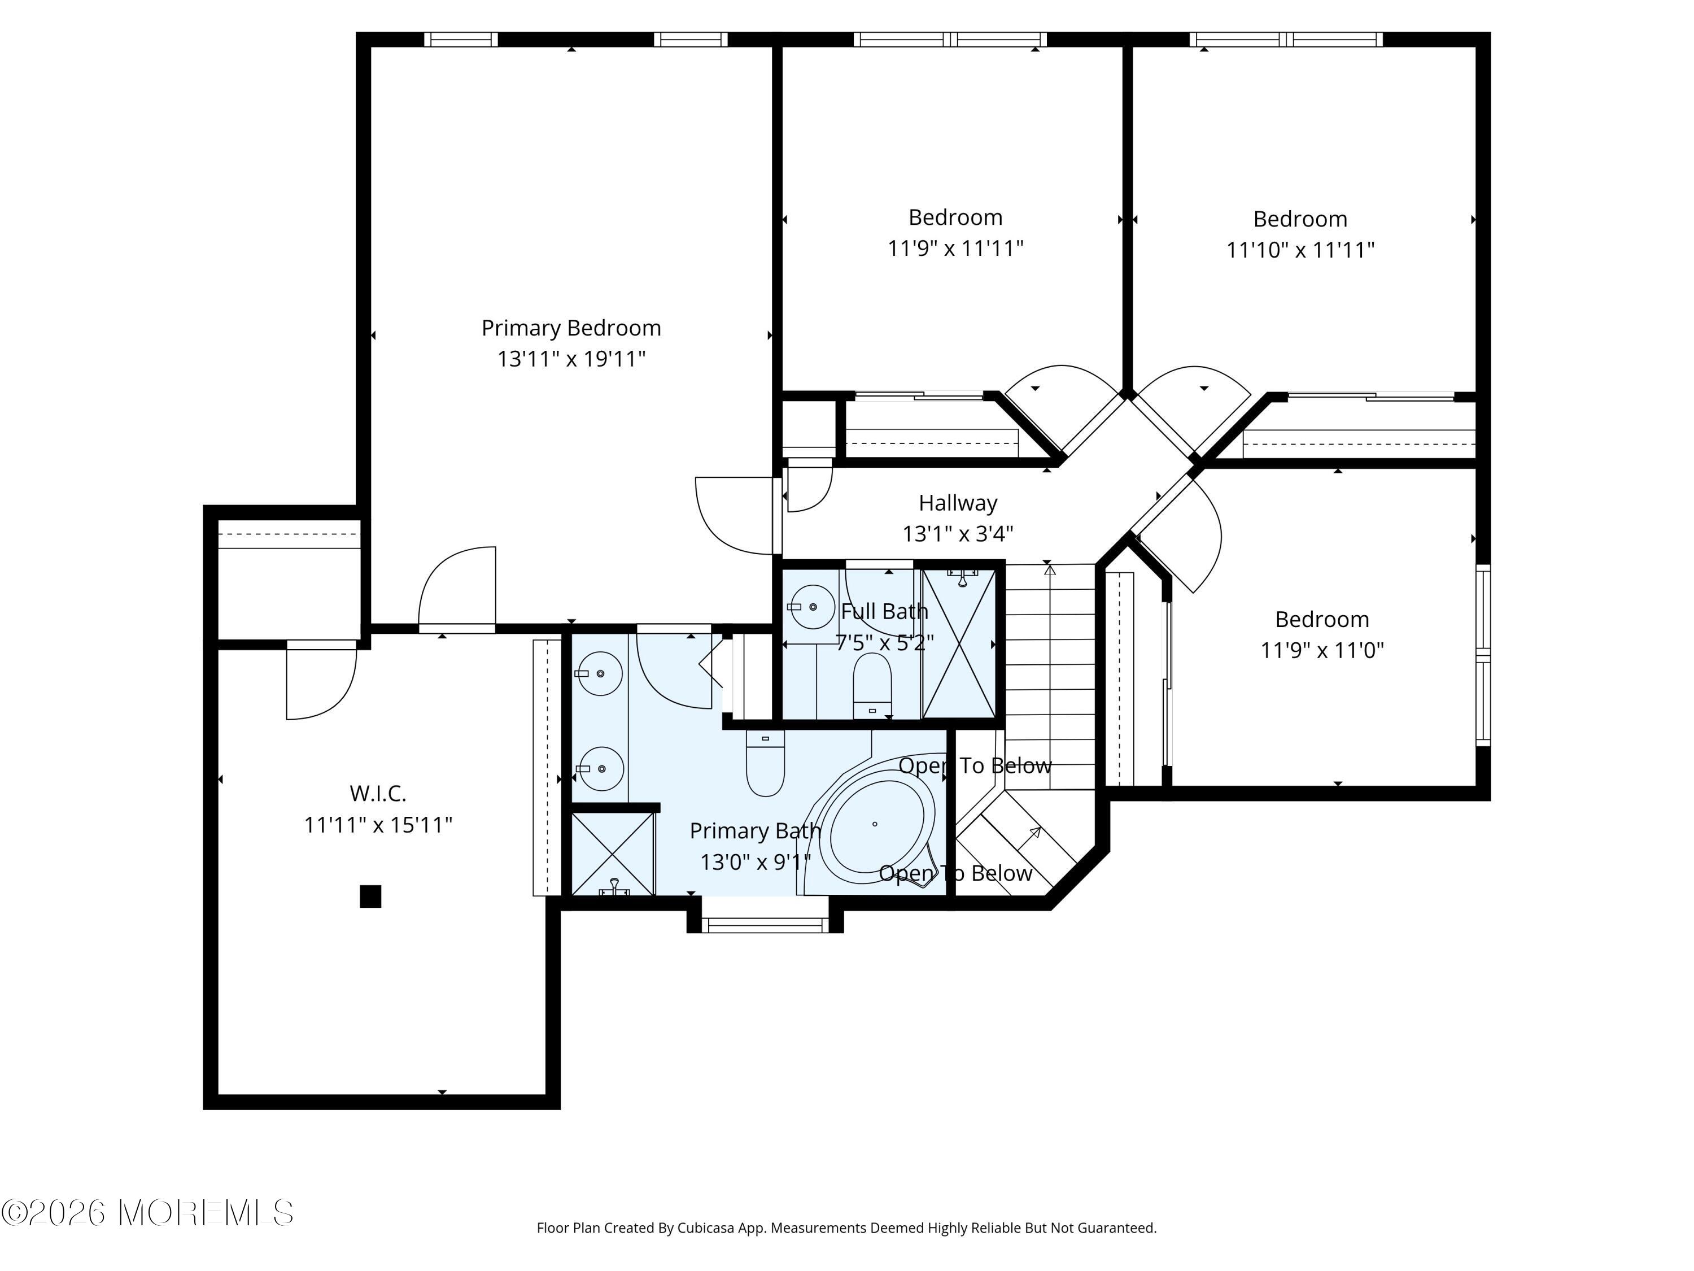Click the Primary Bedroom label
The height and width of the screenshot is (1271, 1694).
(571, 328)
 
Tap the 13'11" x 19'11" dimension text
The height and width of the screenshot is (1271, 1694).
(571, 359)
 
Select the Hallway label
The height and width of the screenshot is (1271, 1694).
(958, 503)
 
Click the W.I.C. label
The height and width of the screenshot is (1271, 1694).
(378, 793)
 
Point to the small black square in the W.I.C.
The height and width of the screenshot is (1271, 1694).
(370, 896)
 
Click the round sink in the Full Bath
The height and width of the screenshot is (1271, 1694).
(812, 607)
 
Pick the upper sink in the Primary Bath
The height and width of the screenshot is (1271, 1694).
(600, 673)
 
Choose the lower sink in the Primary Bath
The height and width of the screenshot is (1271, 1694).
(600, 768)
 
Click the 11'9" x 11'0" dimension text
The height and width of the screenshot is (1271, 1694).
(1322, 650)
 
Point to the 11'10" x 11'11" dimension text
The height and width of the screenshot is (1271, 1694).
(1300, 250)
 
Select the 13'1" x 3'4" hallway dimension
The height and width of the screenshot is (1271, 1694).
(958, 533)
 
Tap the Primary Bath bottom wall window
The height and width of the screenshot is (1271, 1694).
(765, 925)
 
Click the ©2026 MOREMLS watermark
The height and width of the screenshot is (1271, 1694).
(148, 1213)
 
